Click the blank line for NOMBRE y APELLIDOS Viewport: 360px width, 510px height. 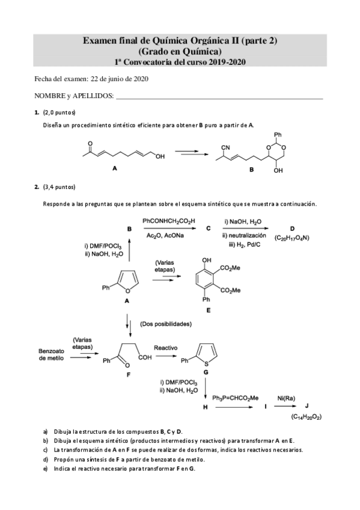pos(219,96)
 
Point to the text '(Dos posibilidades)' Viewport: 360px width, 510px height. pos(165,324)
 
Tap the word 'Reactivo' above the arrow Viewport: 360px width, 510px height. pos(165,348)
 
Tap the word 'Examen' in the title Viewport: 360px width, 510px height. pos(100,40)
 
